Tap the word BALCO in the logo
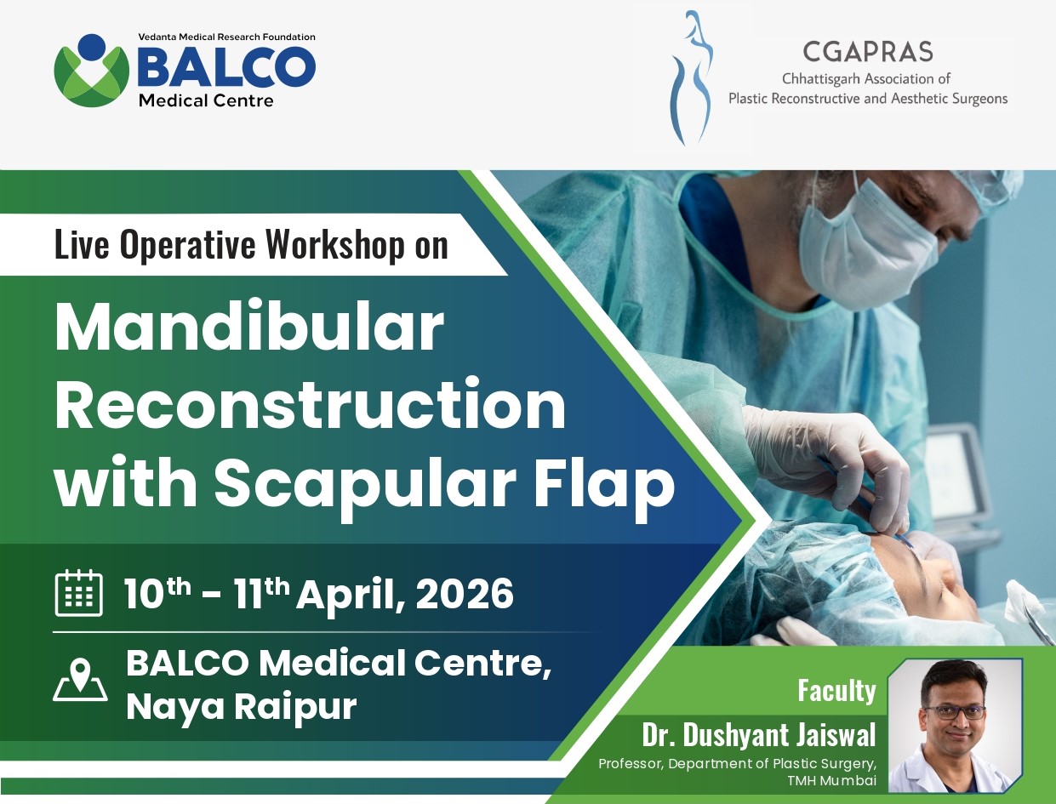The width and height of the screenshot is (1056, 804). pos(225,68)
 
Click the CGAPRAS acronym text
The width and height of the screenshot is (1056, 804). pos(867,53)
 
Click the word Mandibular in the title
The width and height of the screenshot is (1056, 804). pos(248,328)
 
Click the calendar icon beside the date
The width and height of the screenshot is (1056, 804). pos(79,593)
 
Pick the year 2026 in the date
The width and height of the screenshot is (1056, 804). pos(465,594)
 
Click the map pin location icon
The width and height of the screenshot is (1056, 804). pos(80,680)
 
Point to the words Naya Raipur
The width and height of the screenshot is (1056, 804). pos(241,707)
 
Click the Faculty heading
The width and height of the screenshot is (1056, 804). pos(836,691)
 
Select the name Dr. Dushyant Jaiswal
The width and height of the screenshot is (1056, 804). pos(759,734)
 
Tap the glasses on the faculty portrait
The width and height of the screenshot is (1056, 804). pos(953,711)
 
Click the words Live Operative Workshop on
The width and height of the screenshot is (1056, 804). pos(251,245)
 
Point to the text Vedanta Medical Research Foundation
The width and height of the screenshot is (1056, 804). pos(226,37)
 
